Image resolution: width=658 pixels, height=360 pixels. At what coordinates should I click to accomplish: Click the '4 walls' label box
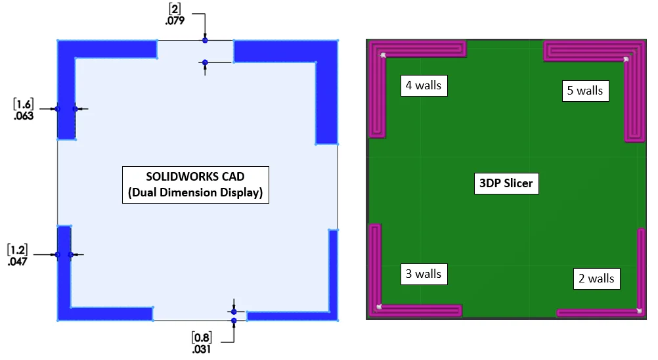pos(424,85)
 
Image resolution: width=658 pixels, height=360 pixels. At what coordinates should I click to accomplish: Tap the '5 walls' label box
pos(585,91)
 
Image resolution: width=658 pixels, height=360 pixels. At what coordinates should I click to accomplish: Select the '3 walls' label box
pos(424,274)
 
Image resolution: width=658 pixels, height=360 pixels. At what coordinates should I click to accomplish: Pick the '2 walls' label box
pos(596,279)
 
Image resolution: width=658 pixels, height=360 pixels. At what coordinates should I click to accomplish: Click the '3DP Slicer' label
pos(506,183)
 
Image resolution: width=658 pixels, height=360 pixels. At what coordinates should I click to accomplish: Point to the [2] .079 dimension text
pos(175,14)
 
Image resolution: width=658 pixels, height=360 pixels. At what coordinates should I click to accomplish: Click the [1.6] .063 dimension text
pos(24,110)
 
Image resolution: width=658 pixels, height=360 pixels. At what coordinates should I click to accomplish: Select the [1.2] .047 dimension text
pos(18,255)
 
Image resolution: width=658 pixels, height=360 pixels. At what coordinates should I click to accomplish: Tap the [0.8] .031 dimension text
pos(202,343)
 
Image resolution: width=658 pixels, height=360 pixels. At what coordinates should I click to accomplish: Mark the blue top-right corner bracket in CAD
pos(327,51)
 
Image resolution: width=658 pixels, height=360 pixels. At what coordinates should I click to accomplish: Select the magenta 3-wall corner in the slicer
pos(375,311)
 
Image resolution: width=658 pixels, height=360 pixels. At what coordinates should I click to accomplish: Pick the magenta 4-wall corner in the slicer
pos(377,49)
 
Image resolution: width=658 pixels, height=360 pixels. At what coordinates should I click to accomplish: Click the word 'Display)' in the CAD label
pos(241,192)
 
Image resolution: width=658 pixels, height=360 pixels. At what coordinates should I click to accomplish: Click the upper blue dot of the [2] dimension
pos(205,40)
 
